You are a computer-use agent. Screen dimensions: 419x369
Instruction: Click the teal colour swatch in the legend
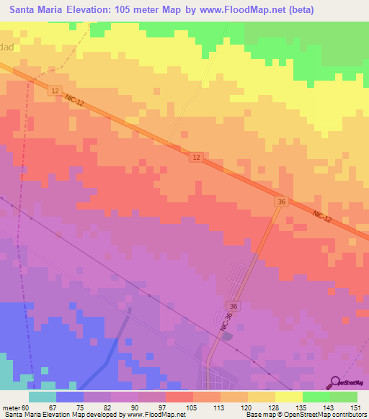(x=42, y=397)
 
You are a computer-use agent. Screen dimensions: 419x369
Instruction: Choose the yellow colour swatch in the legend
(x=288, y=397)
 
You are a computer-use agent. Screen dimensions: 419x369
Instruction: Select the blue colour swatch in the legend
(x=69, y=397)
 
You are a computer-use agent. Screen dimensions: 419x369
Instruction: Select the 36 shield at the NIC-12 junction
(x=280, y=204)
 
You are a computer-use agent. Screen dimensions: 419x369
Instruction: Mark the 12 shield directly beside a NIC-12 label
(x=55, y=91)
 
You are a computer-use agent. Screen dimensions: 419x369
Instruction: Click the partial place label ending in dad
(x=7, y=44)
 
